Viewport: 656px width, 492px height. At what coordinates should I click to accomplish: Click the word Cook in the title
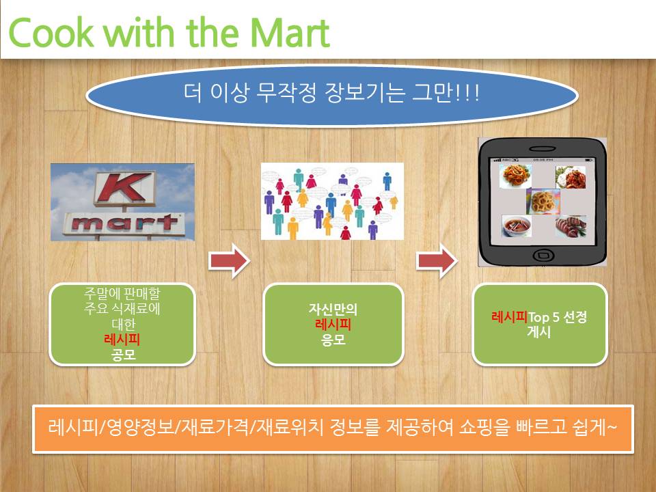[x=51, y=32]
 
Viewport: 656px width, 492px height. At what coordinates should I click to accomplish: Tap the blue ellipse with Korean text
[x=332, y=95]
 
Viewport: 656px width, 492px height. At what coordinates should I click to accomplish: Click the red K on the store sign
[x=124, y=187]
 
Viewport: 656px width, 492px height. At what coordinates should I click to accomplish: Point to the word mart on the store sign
[x=124, y=223]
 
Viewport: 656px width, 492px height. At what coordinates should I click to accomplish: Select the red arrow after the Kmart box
[x=230, y=260]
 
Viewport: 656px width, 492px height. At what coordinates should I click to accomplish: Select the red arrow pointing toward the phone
[x=437, y=260]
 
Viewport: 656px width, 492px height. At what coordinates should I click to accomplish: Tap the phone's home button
[x=543, y=254]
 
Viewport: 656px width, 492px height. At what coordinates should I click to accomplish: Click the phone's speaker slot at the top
[x=542, y=148]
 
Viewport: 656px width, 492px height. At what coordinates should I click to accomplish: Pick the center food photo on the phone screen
[x=543, y=202]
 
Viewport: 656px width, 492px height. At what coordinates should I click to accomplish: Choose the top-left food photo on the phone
[x=515, y=176]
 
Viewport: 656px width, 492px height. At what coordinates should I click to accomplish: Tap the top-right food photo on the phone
[x=571, y=177]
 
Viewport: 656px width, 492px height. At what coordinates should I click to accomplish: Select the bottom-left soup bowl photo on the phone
[x=517, y=226]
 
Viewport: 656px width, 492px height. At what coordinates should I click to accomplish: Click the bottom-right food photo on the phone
[x=571, y=226]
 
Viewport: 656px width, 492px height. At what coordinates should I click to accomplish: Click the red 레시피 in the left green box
[x=122, y=340]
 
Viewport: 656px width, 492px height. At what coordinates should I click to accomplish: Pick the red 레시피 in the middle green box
[x=333, y=324]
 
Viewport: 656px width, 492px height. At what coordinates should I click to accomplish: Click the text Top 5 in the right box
[x=543, y=317]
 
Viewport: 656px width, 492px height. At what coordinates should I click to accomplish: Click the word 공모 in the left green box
[x=124, y=355]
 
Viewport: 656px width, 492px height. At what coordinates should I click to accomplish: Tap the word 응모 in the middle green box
[x=333, y=340]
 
